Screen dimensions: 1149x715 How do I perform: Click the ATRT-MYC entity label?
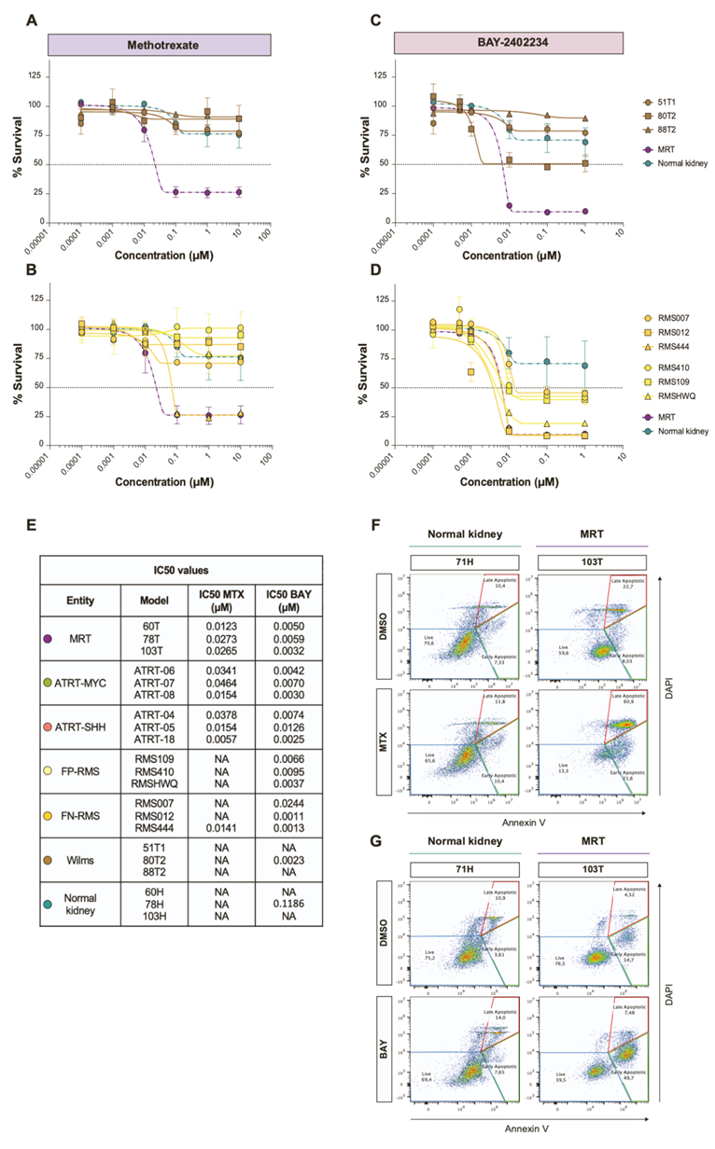(x=81, y=684)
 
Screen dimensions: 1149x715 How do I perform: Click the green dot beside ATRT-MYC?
(x=49, y=684)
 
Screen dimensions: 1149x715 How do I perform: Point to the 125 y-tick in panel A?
(x=37, y=76)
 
